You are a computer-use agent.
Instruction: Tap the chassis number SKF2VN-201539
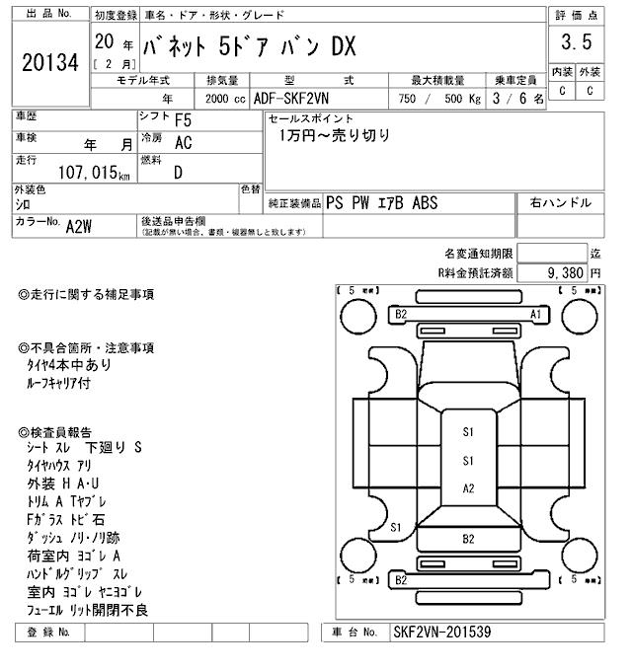tap(441, 632)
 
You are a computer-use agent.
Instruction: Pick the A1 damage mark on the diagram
tap(536, 314)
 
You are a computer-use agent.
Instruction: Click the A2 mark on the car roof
tap(468, 488)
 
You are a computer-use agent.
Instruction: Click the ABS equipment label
tap(425, 203)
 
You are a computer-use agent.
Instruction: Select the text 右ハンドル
tap(561, 202)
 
